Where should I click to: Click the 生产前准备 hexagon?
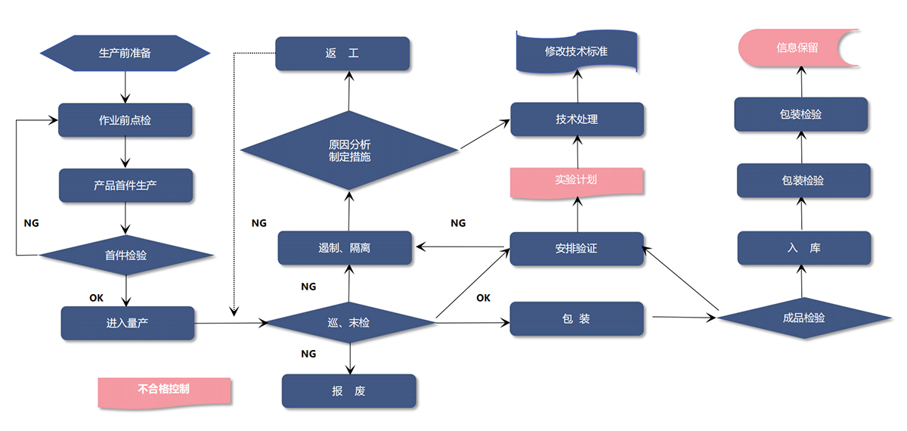tap(125, 53)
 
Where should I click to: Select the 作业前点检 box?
tap(125, 119)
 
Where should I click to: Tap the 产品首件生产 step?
tap(125, 185)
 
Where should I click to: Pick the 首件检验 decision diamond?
tap(125, 255)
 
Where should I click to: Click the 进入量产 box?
tap(127, 323)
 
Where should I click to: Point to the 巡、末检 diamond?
tap(349, 323)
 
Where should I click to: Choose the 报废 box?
tap(348, 391)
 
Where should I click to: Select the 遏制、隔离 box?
tap(345, 248)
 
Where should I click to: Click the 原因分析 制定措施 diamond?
tap(349, 150)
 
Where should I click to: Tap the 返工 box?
tap(342, 54)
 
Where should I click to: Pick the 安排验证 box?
tap(576, 248)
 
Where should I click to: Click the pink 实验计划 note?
tap(576, 180)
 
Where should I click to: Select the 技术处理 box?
tap(577, 119)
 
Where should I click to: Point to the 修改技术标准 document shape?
tap(577, 52)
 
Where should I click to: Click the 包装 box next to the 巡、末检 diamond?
tap(576, 318)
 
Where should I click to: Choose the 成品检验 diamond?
tap(803, 318)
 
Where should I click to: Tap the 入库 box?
tap(803, 248)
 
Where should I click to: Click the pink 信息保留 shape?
tap(797, 48)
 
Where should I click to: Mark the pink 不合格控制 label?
tap(163, 390)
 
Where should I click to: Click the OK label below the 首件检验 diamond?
tap(96, 298)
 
